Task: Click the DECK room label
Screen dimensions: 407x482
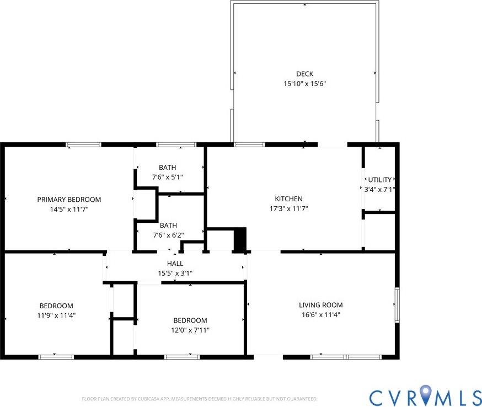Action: click(x=304, y=74)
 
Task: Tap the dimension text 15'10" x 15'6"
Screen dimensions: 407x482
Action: click(x=304, y=84)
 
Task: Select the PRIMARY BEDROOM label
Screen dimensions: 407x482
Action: click(x=69, y=200)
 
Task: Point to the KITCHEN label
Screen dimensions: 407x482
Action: click(x=288, y=199)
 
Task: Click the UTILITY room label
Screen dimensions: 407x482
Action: click(x=379, y=180)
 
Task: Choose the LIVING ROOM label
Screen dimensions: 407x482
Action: click(x=320, y=305)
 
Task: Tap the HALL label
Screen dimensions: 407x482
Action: click(x=175, y=264)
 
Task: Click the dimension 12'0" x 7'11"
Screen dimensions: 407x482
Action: click(x=190, y=330)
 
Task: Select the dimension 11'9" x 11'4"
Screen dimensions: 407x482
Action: click(x=56, y=315)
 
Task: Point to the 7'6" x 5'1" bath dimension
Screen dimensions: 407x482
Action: click(x=167, y=177)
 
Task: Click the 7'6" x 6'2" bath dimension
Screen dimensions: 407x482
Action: click(x=168, y=235)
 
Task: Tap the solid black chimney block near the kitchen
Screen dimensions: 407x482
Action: click(x=240, y=240)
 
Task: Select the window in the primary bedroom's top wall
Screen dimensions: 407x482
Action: click(x=84, y=145)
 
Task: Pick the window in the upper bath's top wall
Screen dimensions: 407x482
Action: click(x=176, y=145)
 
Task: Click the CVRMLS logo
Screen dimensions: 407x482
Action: click(x=425, y=397)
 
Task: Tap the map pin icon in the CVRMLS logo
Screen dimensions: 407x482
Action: click(x=426, y=395)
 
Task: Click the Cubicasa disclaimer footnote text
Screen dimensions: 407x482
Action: click(x=199, y=399)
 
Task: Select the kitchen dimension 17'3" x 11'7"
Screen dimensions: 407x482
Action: click(x=288, y=209)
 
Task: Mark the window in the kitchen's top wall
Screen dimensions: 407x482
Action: click(x=249, y=145)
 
